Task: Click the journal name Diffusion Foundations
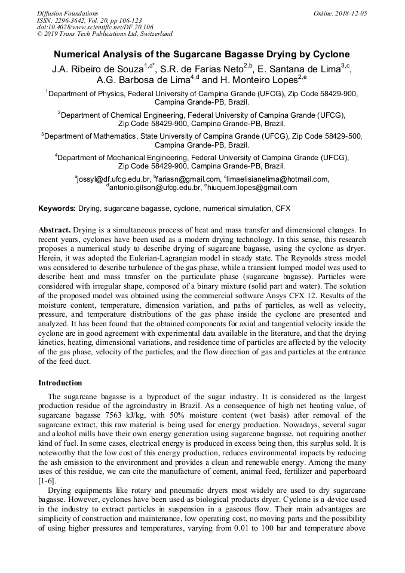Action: tap(67, 13)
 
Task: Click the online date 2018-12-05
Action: tap(348, 13)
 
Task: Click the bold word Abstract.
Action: tap(55, 229)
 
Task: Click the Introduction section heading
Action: tap(60, 382)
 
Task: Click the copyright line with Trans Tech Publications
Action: tap(105, 34)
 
